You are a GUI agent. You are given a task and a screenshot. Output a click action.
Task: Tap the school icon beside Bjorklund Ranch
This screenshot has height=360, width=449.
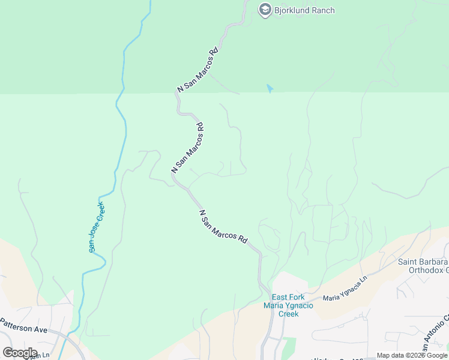pos(265,10)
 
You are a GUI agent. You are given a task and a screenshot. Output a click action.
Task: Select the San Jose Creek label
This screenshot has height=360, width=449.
pos(96,227)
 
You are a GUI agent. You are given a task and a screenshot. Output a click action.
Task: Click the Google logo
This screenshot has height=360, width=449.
pos(20,353)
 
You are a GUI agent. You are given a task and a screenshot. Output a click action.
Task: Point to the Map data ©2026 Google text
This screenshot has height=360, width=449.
pos(412,355)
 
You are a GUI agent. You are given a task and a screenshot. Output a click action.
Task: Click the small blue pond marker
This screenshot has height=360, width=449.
pos(270,89)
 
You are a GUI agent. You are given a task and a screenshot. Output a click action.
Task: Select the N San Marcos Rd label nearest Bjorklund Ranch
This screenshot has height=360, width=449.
pos(197,68)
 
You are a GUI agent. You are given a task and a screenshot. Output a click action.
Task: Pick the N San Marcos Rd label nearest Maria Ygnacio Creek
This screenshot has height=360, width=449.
pos(223,226)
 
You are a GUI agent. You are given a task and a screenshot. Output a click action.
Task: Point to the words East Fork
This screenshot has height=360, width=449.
pos(288,297)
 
